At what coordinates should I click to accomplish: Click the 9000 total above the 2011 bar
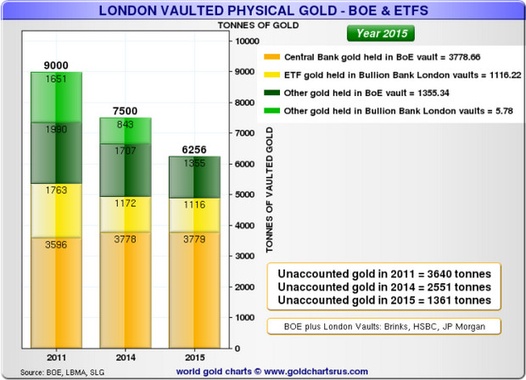pos(57,64)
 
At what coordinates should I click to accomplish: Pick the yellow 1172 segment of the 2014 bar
pos(125,204)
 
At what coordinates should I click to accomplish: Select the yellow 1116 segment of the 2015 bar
pos(193,216)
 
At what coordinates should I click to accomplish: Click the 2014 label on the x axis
pos(125,357)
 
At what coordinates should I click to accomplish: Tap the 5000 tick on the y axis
pos(244,194)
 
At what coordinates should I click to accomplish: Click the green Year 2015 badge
pos(378,34)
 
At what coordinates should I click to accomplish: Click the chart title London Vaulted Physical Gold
pos(263,11)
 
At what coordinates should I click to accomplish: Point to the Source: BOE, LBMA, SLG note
pos(57,371)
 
